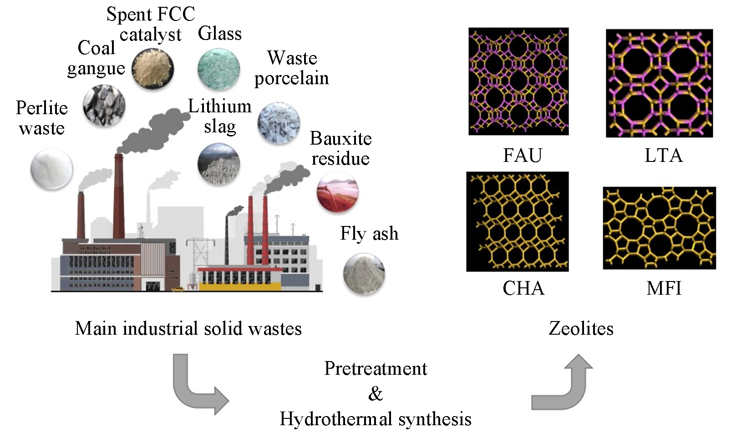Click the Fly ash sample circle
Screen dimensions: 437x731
(364, 274)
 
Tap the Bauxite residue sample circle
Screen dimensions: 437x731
(337, 192)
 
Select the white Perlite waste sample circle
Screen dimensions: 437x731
(51, 169)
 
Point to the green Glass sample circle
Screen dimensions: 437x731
(218, 69)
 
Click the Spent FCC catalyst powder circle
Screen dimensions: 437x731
(153, 69)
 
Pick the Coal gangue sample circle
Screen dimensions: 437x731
(104, 105)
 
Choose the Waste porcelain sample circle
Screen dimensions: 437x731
(279, 123)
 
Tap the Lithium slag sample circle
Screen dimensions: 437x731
(218, 164)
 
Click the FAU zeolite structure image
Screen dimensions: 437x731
(518, 81)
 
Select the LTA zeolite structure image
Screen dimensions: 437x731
(659, 83)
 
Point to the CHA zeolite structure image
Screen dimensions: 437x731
(518, 221)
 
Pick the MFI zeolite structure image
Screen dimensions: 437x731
(659, 228)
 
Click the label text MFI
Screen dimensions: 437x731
(664, 288)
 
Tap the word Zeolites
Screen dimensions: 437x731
(581, 328)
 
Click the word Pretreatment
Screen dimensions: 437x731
(376, 368)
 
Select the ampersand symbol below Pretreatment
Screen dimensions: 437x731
(376, 394)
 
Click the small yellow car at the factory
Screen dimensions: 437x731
(178, 288)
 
